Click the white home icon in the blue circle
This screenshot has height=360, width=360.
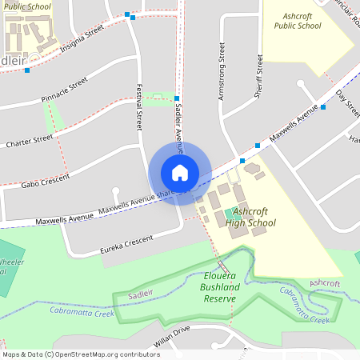[x=180, y=172]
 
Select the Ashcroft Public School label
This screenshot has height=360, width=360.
[x=297, y=21]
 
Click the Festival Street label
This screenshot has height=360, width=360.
[x=139, y=107]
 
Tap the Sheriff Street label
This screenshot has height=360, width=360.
[x=258, y=75]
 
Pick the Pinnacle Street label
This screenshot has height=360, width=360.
[x=64, y=90]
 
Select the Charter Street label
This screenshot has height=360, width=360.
[x=29, y=141]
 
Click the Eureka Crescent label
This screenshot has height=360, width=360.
[x=126, y=243]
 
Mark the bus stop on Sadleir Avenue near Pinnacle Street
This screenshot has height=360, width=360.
[x=177, y=98]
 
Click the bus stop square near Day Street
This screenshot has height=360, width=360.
[x=323, y=107]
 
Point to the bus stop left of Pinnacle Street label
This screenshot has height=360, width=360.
[x=27, y=70]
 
